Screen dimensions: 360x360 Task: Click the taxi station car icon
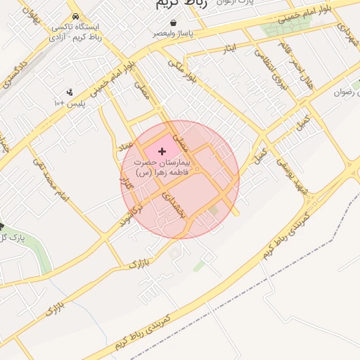tap(75, 17)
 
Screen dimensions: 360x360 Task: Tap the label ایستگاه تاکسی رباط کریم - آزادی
tap(75, 32)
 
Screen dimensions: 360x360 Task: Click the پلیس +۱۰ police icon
tap(70, 92)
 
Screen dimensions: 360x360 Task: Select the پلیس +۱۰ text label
tap(69, 103)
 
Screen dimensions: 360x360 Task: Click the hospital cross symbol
tap(163, 151)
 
